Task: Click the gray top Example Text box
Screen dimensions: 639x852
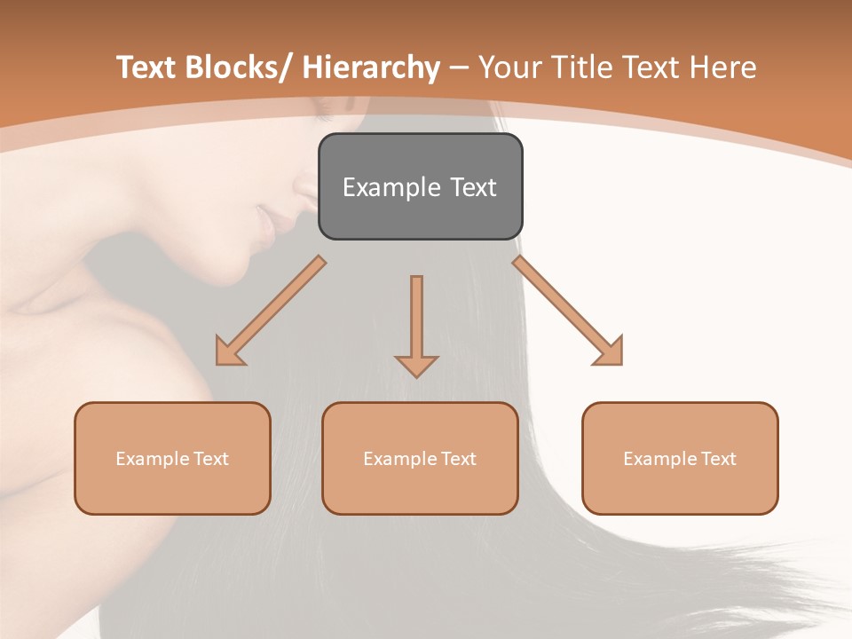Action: click(x=420, y=186)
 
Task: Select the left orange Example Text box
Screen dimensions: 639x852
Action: click(x=172, y=458)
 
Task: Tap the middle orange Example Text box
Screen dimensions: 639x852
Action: click(x=420, y=458)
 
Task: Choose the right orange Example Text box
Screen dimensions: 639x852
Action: click(x=680, y=458)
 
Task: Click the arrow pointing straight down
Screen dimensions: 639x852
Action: click(x=416, y=324)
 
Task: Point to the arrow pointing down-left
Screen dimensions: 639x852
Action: click(x=270, y=312)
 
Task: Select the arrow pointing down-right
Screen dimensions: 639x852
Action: click(x=568, y=312)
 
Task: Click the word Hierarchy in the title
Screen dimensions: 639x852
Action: click(x=371, y=67)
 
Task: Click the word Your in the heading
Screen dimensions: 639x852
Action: click(x=506, y=67)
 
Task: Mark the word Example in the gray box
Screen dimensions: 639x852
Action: click(x=387, y=187)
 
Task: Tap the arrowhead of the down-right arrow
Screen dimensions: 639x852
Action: click(x=610, y=351)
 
